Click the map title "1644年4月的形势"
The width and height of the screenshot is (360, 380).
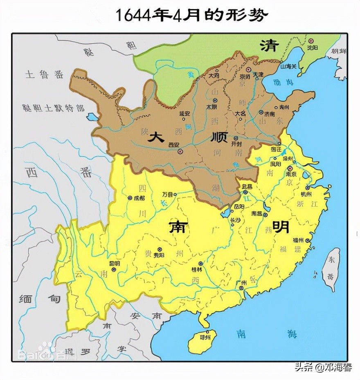191,15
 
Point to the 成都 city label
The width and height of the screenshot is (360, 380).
139,197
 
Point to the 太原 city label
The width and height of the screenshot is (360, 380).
211,107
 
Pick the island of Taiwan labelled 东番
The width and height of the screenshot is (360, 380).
330,270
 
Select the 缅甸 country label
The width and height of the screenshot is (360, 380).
39,299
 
